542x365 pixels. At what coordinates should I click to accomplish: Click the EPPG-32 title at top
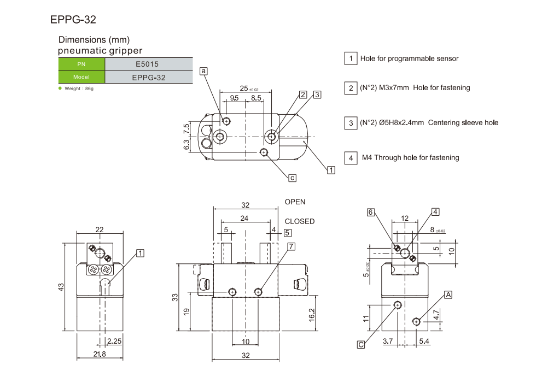click(73, 20)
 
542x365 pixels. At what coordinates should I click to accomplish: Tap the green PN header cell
click(81, 64)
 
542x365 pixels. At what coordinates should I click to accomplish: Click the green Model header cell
click(81, 77)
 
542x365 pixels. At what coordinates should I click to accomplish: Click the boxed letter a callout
click(204, 71)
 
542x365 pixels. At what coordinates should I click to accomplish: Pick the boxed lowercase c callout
click(292, 177)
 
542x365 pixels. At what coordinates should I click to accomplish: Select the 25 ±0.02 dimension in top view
click(248, 89)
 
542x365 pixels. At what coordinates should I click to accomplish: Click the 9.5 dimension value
click(234, 98)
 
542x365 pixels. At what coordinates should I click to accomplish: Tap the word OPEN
click(295, 202)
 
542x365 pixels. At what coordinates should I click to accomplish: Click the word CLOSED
click(300, 221)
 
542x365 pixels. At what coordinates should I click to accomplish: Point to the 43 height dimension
click(61, 286)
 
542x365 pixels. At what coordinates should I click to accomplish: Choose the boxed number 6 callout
click(371, 212)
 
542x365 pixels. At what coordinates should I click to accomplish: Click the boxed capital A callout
click(448, 295)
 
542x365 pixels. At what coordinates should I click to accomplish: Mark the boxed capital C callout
click(361, 344)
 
